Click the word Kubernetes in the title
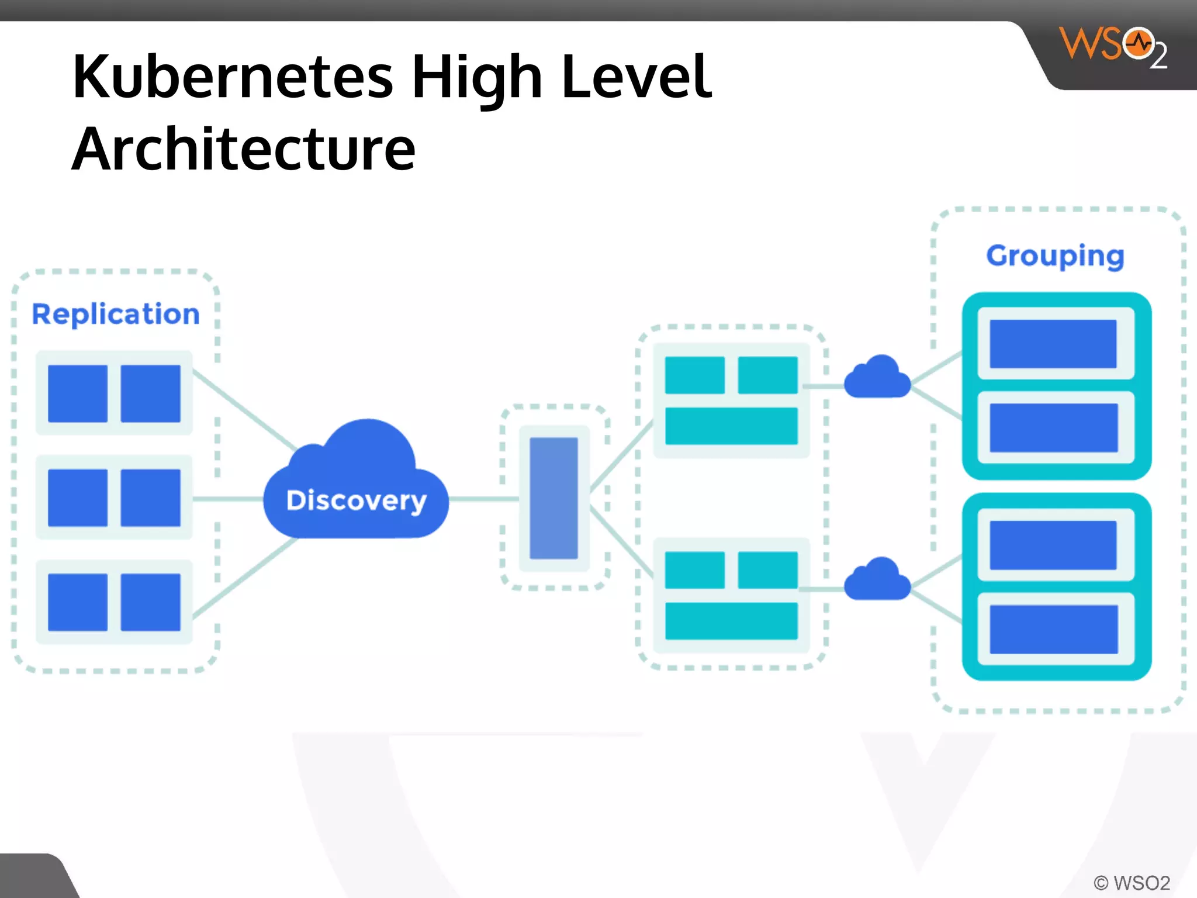(x=233, y=77)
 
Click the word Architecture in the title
(x=243, y=150)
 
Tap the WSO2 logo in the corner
(x=1113, y=47)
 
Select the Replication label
(x=116, y=315)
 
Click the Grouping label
(x=1055, y=255)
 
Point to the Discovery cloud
(x=357, y=491)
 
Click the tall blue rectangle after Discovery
(x=553, y=498)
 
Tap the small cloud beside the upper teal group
(x=877, y=379)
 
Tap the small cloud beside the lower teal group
(x=877, y=581)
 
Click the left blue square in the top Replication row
(x=78, y=393)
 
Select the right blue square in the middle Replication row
(x=151, y=498)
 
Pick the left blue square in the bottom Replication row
(x=78, y=602)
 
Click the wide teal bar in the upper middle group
(x=731, y=426)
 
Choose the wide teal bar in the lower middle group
(x=731, y=621)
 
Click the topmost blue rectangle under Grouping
(x=1053, y=344)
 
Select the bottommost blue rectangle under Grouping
(x=1053, y=629)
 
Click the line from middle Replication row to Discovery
(x=228, y=499)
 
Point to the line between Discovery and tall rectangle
(x=484, y=499)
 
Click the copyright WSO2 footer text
(x=1132, y=882)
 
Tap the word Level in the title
(x=636, y=77)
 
